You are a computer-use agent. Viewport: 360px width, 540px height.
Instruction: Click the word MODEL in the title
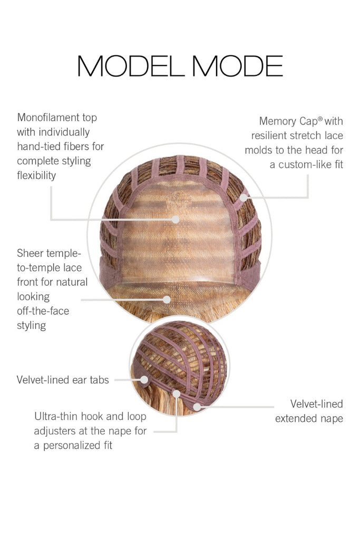tap(131, 66)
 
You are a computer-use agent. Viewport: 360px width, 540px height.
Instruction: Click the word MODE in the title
tap(238, 66)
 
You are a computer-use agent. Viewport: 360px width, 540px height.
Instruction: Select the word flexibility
tap(36, 175)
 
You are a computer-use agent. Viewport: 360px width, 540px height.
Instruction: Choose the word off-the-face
tap(43, 311)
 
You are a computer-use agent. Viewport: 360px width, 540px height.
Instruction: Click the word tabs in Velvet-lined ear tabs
tap(99, 380)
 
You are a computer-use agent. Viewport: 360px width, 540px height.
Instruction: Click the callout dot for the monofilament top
tap(176, 219)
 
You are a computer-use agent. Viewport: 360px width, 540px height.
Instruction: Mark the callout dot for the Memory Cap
tap(244, 198)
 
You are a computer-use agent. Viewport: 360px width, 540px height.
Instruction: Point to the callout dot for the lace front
tap(167, 300)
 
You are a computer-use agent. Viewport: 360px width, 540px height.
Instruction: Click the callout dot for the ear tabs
tap(144, 380)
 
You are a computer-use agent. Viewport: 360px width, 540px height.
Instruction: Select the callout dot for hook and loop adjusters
tap(177, 393)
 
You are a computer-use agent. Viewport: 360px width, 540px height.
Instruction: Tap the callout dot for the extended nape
tap(197, 407)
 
